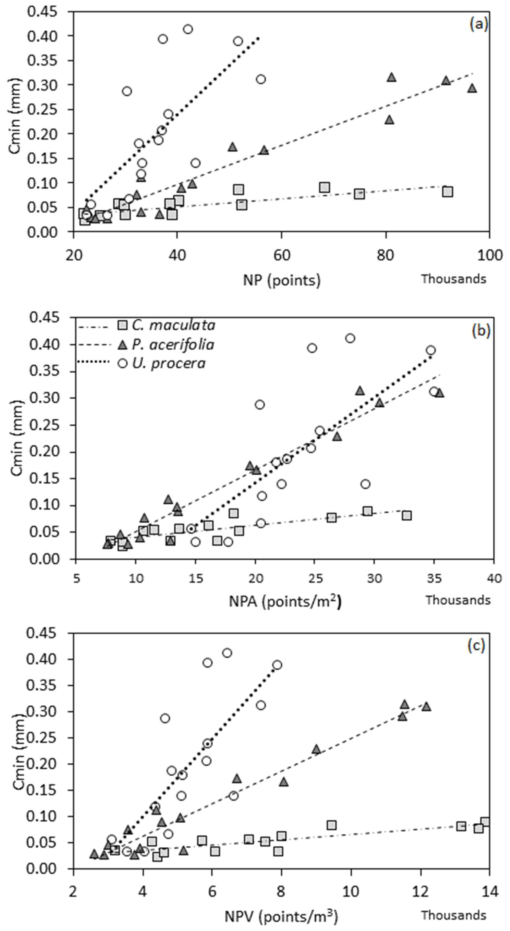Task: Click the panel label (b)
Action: (481, 331)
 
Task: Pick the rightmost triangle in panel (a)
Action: (472, 88)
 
